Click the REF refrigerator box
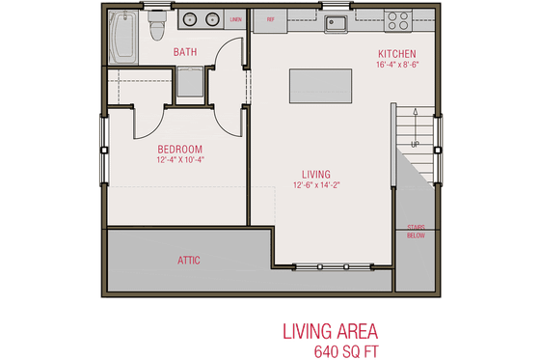coord(271,18)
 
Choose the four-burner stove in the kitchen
coord(398,18)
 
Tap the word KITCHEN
coord(396,53)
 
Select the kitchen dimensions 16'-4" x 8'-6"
coord(396,65)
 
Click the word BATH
coord(186,52)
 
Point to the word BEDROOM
coord(180,149)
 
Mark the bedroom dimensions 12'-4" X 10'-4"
coord(180,160)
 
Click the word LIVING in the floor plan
coord(314,175)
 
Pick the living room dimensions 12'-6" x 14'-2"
coord(315,186)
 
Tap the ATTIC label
coord(189,260)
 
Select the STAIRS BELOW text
coord(416,230)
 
